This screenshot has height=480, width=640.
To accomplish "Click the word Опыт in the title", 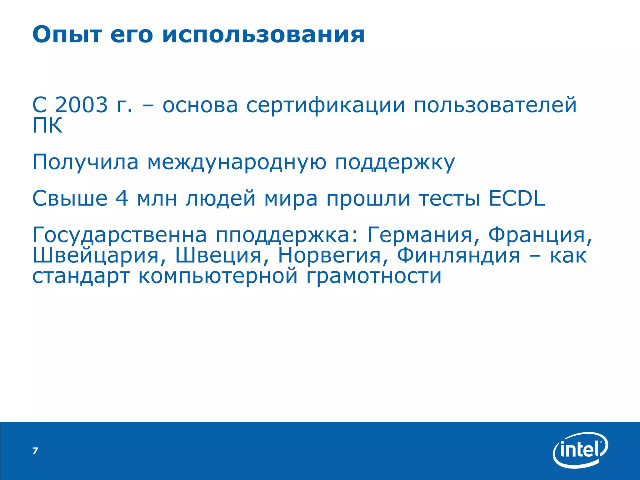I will pyautogui.click(x=67, y=35).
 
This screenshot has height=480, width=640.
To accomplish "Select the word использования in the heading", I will pyautogui.click(x=263, y=35).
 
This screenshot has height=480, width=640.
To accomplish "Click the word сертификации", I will pyautogui.click(x=325, y=105).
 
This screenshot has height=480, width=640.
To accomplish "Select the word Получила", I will pyautogui.click(x=85, y=162).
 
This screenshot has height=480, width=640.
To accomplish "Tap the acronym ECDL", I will pyautogui.click(x=517, y=198).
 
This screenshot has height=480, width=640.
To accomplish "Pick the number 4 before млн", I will pyautogui.click(x=122, y=198).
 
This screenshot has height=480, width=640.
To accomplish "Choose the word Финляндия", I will pyautogui.click(x=458, y=255).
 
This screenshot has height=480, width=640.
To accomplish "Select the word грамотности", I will pyautogui.click(x=374, y=277).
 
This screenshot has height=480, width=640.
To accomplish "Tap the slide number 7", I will pyautogui.click(x=35, y=451).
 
